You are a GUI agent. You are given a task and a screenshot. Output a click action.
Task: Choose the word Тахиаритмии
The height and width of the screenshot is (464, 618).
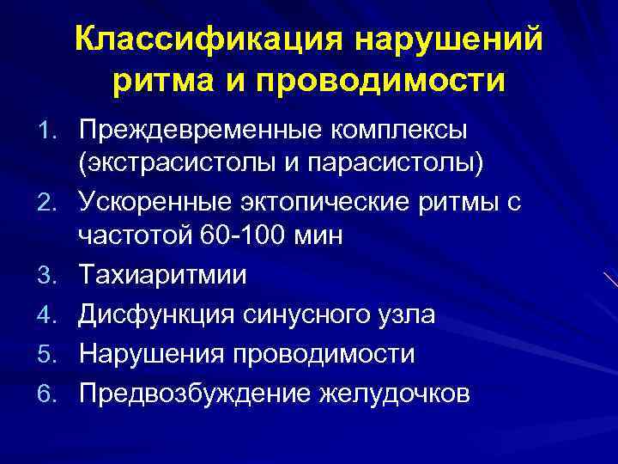(x=162, y=275)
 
